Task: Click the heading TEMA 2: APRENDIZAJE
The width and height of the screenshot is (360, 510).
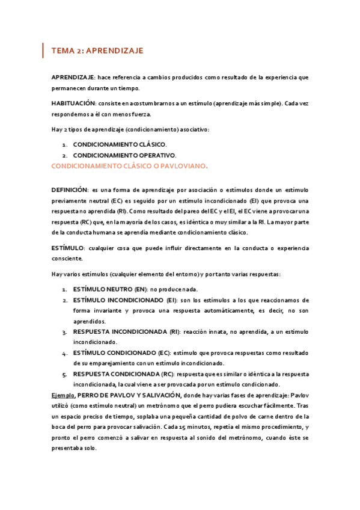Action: (x=97, y=51)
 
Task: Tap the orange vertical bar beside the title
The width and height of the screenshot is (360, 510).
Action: (x=43, y=51)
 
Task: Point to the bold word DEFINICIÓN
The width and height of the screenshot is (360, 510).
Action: (x=70, y=189)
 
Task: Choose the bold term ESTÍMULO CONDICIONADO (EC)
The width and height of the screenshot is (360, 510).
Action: (x=122, y=352)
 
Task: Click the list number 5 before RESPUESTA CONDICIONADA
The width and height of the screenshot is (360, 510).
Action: (x=64, y=373)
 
